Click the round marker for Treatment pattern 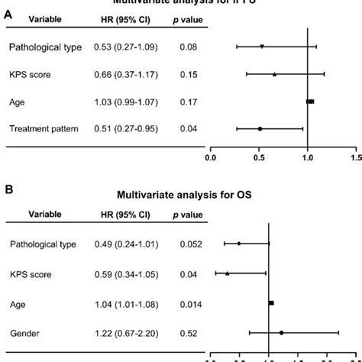[x=260, y=129]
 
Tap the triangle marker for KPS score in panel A [x=274, y=75]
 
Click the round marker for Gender [x=281, y=333]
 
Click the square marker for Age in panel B [x=271, y=303]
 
